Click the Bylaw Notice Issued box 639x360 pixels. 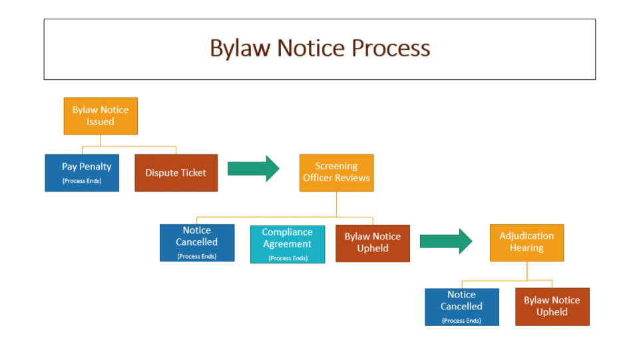point(101,116)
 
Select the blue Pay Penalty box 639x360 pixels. point(82,172)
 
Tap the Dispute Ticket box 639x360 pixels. point(176,172)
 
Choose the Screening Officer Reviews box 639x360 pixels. point(337,172)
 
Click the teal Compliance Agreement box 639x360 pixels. point(288,244)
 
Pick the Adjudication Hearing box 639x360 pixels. point(527,243)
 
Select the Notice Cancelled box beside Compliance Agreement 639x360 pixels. point(197,243)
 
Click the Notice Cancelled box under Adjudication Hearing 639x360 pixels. point(462,307)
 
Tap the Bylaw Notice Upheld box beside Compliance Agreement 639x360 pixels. point(373,243)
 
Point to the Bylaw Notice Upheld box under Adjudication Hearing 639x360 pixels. point(552,307)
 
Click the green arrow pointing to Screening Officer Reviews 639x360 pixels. point(254,168)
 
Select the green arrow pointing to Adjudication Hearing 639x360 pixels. point(446,241)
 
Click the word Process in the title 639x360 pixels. point(391,48)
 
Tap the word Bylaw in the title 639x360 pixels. point(240,49)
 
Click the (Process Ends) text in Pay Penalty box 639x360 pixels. point(82,181)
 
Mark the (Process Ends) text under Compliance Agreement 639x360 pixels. point(288,258)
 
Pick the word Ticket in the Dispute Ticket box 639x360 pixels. point(194,172)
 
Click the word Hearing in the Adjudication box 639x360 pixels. point(527,248)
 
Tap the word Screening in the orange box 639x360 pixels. point(337,166)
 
